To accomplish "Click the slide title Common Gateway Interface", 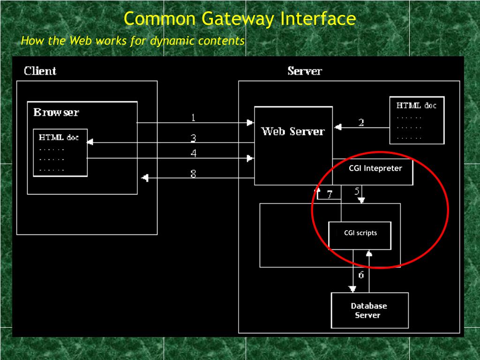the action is click(240, 19).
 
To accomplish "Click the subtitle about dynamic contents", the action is click(133, 41).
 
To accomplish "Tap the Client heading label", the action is click(40, 71).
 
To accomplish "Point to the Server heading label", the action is click(305, 71).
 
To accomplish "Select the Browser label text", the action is click(56, 112).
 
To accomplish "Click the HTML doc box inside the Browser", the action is click(60, 153).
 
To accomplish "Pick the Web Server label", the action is click(293, 131).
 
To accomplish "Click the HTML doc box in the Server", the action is click(417, 120).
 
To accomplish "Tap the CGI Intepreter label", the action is click(375, 168).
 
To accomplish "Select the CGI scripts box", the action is click(360, 236).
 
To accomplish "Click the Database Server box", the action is click(370, 310).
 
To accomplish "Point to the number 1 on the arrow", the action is click(193, 118).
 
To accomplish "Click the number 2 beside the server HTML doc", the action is click(361, 123).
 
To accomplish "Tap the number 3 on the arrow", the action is click(193, 138).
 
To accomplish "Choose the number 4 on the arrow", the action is click(194, 153).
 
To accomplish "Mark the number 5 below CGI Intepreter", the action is click(357, 191).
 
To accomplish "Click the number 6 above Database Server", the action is click(361, 275).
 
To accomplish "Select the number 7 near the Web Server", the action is click(330, 195).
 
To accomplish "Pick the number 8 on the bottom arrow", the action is click(193, 174).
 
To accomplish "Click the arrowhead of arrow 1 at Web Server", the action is click(250, 123).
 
